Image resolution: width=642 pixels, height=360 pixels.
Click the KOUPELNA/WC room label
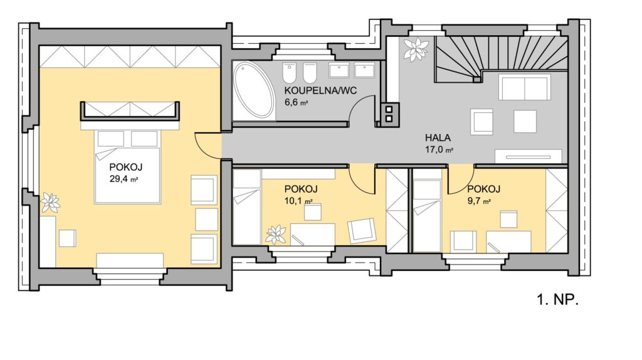320,90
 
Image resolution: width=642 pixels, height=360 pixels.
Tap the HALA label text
438,137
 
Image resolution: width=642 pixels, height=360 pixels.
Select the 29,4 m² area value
124,179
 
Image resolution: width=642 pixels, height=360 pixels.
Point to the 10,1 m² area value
298,201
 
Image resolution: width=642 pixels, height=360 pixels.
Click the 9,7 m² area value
478,201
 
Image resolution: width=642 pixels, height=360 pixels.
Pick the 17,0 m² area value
439,149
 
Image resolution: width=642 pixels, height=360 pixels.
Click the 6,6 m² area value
296,102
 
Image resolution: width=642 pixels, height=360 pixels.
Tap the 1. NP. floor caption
557,300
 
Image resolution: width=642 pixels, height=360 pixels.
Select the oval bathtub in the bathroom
254,90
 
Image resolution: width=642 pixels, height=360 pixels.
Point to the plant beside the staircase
416,49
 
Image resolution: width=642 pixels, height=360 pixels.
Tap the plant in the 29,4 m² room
50,203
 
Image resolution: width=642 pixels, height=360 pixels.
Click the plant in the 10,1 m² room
276,235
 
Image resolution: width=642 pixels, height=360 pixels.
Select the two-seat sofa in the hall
524,87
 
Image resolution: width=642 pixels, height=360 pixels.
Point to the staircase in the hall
501,56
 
